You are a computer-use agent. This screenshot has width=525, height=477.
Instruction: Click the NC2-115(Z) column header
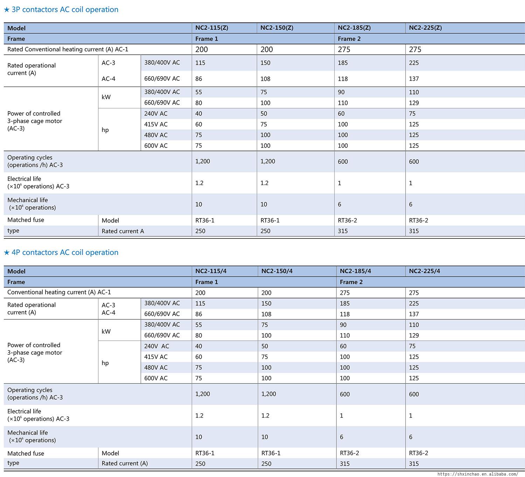coord(211,28)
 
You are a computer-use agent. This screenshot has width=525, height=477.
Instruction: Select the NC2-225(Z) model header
coord(425,28)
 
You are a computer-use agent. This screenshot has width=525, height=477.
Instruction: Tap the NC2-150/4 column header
coord(276,271)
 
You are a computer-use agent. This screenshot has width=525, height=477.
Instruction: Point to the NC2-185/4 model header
coord(355,271)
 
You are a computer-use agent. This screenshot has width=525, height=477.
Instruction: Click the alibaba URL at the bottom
coord(478,474)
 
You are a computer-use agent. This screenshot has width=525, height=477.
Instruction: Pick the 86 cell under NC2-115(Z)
coord(199,79)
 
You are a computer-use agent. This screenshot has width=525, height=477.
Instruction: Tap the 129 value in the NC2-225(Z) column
coord(414,103)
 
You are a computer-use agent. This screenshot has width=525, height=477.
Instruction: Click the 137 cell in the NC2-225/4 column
coord(414,314)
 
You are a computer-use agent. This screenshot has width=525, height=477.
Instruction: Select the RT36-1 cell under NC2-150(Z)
coord(270,220)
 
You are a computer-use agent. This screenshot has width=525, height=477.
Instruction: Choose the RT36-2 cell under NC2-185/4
coord(349,453)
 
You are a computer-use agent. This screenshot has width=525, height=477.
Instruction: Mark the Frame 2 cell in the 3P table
coord(349,39)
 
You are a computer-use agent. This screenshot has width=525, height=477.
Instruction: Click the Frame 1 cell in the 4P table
coord(206,282)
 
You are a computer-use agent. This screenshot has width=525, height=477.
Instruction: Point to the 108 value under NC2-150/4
coord(266,314)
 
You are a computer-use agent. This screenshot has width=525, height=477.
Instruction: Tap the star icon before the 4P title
coord(7,252)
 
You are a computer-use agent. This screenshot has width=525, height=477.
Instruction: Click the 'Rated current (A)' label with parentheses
coord(125,463)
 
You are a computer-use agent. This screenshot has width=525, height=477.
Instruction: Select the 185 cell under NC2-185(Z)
coord(343,63)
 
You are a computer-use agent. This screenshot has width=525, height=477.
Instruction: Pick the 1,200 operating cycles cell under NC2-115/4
coord(203,393)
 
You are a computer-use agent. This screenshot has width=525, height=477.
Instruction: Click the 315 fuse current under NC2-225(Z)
coord(414,231)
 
